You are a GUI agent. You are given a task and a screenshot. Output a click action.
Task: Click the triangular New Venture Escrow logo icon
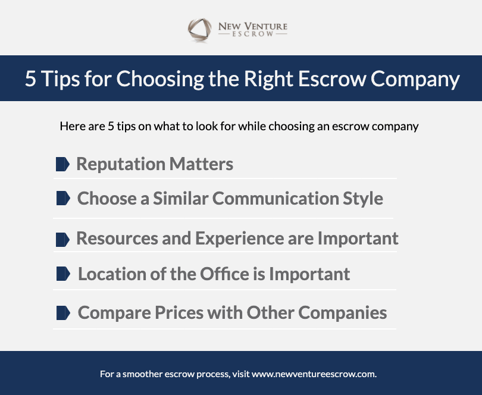200,30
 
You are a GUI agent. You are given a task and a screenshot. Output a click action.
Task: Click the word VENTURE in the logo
266,26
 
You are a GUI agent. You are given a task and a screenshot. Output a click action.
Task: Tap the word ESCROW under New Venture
253,34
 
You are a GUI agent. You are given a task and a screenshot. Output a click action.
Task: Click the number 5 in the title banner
30,79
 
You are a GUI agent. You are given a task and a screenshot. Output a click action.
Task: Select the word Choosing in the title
160,79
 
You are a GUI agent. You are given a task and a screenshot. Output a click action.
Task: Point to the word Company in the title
415,79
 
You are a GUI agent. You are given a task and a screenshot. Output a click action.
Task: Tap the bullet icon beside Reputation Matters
62,164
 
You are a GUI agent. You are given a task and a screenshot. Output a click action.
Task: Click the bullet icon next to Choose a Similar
63,198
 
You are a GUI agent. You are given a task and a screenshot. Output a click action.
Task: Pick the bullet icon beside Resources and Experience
62,240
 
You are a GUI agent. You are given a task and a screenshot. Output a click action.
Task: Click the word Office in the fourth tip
225,274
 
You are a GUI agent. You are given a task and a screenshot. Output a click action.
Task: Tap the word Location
112,274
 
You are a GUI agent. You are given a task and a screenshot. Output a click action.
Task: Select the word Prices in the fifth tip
179,313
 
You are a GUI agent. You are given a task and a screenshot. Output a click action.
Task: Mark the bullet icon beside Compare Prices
63,313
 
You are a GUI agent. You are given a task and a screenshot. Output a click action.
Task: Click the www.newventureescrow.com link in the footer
314,374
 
